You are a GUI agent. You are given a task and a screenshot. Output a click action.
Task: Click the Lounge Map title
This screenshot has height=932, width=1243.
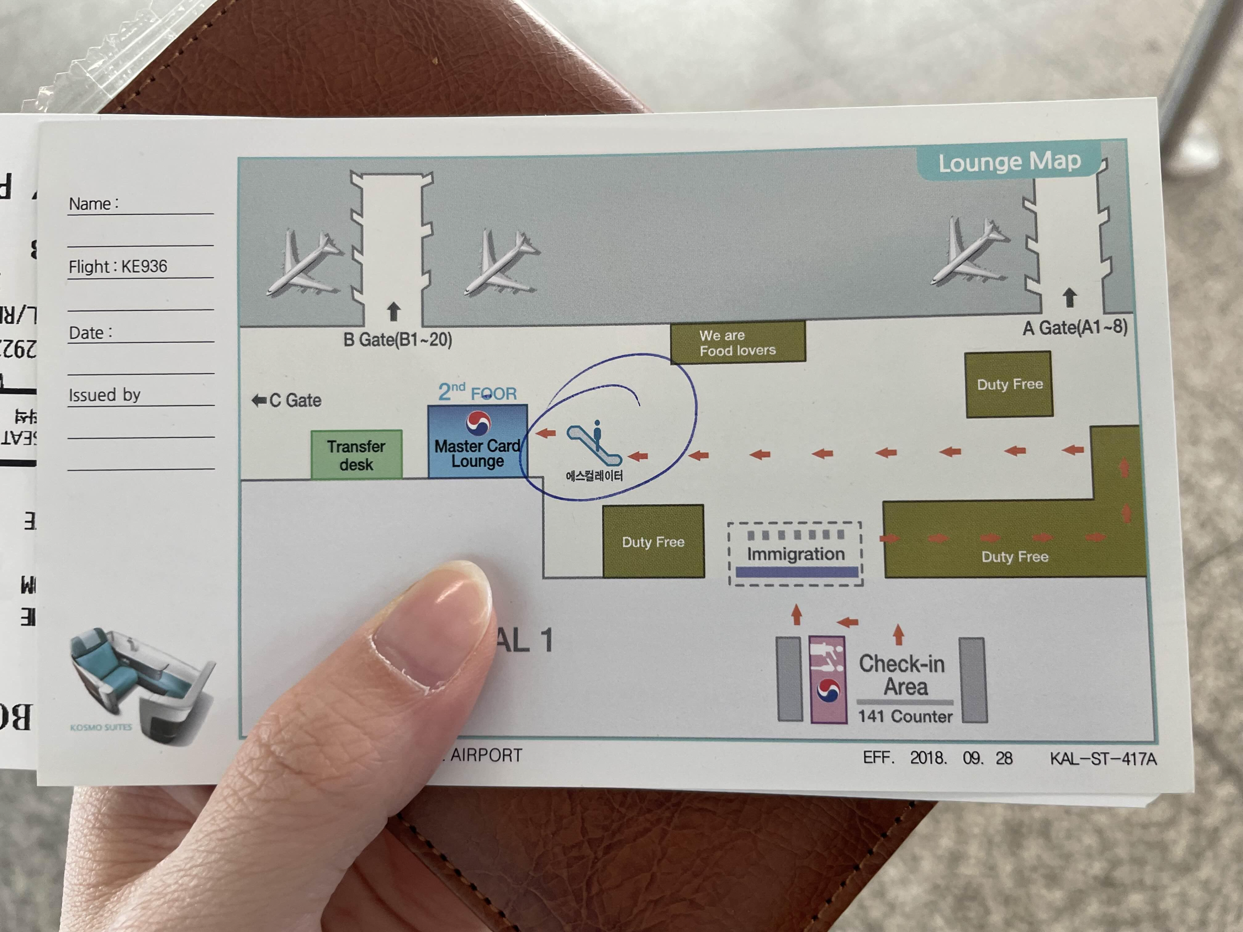tap(1009, 162)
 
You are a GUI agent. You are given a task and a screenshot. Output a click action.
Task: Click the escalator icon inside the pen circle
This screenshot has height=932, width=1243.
tap(593, 444)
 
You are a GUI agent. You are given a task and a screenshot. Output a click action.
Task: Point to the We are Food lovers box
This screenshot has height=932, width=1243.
tap(737, 343)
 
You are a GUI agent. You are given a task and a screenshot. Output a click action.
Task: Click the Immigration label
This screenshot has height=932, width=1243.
tap(795, 554)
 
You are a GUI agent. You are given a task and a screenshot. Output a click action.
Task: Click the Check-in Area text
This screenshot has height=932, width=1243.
tap(902, 675)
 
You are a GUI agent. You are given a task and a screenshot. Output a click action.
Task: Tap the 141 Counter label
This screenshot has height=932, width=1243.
tap(905, 716)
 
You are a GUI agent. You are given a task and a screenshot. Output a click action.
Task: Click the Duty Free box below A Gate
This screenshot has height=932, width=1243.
tap(1009, 385)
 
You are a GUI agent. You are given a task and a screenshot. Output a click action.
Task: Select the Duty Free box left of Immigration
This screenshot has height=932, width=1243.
tap(653, 541)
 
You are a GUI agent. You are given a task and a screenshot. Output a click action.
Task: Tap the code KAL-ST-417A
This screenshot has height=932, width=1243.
tap(1103, 759)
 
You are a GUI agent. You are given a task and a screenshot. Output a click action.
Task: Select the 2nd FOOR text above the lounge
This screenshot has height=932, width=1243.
tap(477, 392)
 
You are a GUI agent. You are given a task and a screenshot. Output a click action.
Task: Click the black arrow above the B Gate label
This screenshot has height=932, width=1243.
tap(394, 311)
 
